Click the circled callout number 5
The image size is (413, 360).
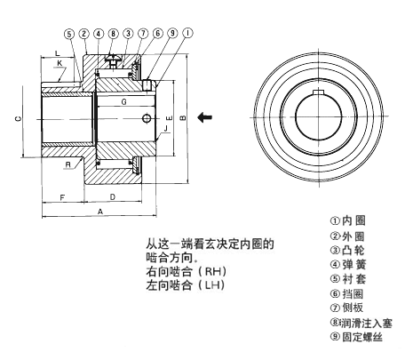point(69,34)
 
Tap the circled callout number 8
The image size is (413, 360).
point(114,34)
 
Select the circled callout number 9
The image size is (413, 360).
point(172,33)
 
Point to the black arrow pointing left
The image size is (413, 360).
point(204,117)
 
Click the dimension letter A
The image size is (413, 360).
point(100,212)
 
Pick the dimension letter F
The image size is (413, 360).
point(62,197)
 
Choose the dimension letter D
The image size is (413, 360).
point(113,196)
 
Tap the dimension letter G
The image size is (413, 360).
point(124,102)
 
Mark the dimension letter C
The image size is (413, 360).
point(19,119)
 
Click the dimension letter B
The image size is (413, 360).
point(183,117)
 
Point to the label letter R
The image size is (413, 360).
point(68,164)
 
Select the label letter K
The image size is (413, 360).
point(60,63)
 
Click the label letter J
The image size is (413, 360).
point(166,128)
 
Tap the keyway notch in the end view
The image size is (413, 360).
point(318,92)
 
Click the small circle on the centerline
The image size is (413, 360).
point(147,118)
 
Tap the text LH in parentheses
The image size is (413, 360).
point(215,285)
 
